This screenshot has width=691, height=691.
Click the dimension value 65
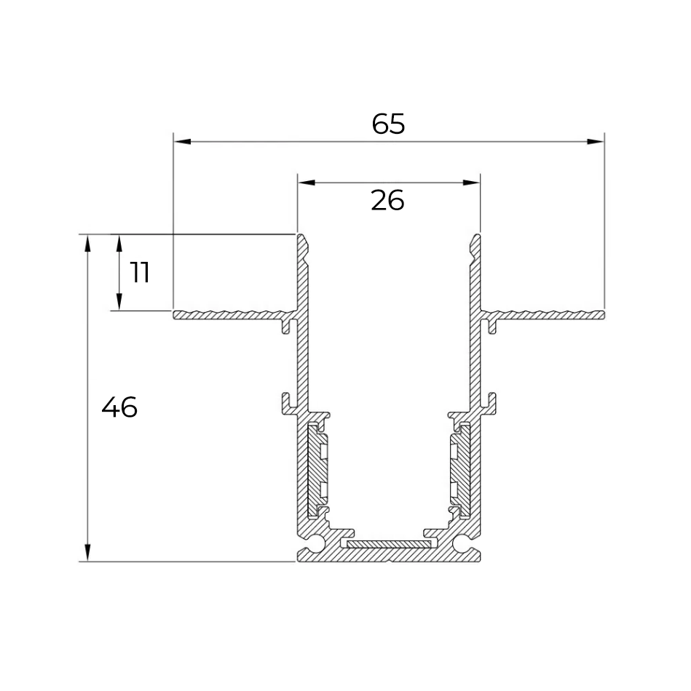[388, 124]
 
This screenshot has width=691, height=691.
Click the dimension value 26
[387, 201]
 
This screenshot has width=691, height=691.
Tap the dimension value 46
[119, 407]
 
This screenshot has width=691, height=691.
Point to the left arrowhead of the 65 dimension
[183, 141]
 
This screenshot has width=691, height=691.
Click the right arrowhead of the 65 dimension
[595, 141]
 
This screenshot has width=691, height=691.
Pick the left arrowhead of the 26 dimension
[307, 183]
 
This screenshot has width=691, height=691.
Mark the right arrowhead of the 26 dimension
[471, 183]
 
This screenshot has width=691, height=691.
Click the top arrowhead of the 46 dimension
[87, 244]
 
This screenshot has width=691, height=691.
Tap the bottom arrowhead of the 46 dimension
[87, 553]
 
